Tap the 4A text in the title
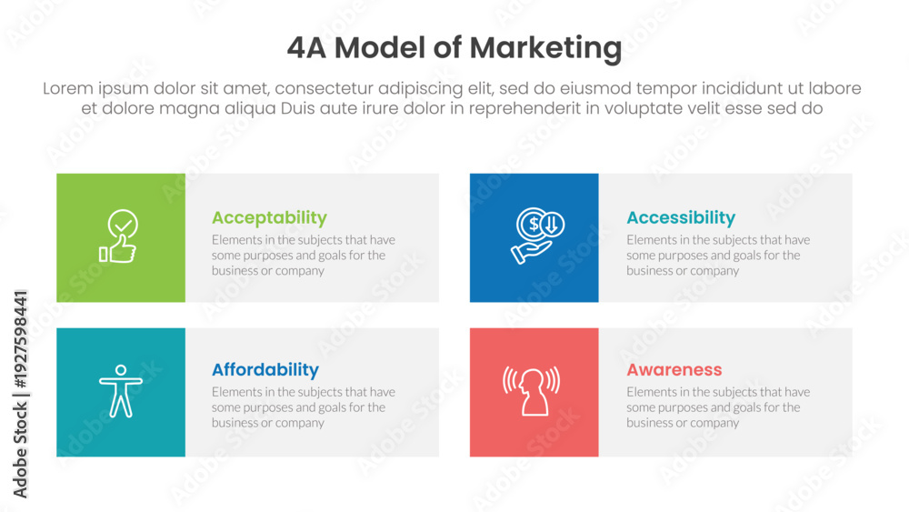306,47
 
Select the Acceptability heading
269,218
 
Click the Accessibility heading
681,218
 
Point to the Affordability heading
265,369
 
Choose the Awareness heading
674,369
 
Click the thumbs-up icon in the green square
118,249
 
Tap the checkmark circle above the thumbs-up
123,223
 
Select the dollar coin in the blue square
533,223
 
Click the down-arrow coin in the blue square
553,225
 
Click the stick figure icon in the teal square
121,391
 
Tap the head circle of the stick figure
121,370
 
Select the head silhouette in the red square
532,393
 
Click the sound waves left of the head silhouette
510,380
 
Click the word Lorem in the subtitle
68,88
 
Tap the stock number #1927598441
20,339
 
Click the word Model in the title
380,47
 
